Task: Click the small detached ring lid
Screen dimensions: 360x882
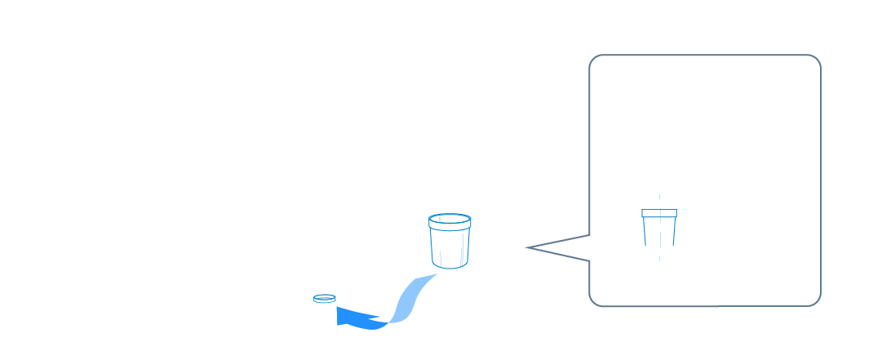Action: pos(325,299)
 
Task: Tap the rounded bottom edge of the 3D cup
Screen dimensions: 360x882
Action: pos(450,265)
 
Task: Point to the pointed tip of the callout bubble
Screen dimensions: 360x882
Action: pos(529,247)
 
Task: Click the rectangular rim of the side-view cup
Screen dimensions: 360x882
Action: pos(659,214)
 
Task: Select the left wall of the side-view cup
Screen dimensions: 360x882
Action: pos(645,232)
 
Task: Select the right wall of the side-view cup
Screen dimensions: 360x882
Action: pos(673,232)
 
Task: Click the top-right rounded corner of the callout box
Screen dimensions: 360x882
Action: pos(814,61)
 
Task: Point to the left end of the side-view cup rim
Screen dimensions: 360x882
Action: pos(643,214)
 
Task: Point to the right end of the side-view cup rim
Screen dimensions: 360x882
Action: pos(676,214)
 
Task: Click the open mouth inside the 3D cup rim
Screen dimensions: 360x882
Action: pos(450,220)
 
